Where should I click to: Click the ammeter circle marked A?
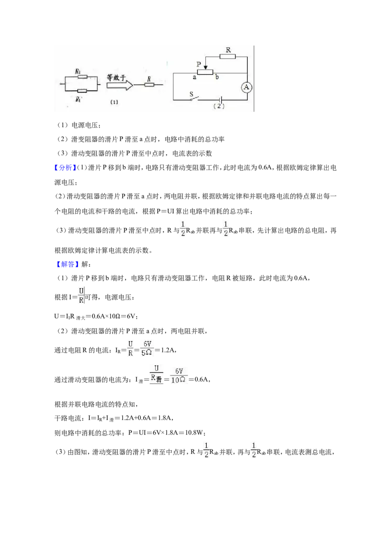(x=246, y=87)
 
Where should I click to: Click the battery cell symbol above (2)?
(x=219, y=100)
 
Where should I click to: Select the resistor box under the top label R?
(x=228, y=56)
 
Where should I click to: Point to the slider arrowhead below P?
(x=205, y=68)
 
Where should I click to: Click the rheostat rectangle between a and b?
(x=205, y=73)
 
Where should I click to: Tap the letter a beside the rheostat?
(x=194, y=77)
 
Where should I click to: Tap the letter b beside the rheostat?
(x=217, y=77)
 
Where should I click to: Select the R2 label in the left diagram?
(x=78, y=71)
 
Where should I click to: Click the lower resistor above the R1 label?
(x=82, y=91)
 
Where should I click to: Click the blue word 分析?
(x=65, y=168)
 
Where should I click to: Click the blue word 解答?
(x=68, y=264)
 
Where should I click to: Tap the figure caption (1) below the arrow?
(x=114, y=102)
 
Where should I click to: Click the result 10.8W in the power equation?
(x=195, y=432)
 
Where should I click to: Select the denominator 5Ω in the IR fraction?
(x=147, y=353)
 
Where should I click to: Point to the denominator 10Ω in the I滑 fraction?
(x=178, y=380)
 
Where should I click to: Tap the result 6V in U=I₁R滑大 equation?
(x=131, y=316)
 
